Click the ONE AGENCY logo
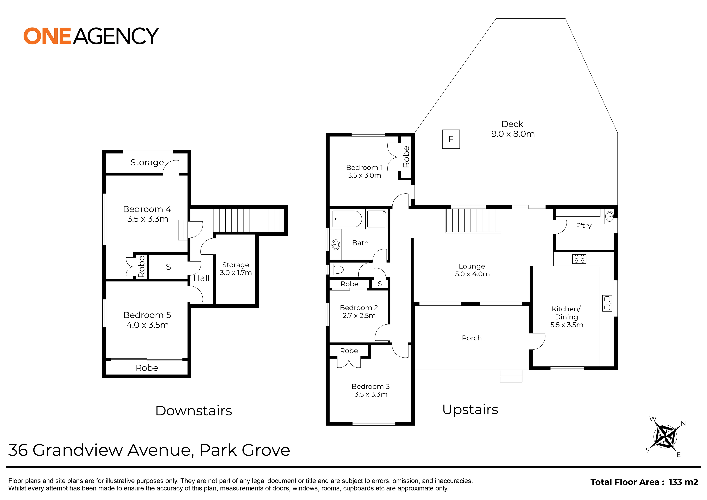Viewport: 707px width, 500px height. [91, 36]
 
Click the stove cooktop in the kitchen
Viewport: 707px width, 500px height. [579, 259]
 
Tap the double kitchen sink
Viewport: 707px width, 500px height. [607, 303]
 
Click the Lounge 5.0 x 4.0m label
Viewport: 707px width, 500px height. [472, 270]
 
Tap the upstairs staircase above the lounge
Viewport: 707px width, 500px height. [473, 220]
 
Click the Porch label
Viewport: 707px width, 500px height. [472, 338]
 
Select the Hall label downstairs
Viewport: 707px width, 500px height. [201, 278]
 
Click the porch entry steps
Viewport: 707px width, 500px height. [511, 376]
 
